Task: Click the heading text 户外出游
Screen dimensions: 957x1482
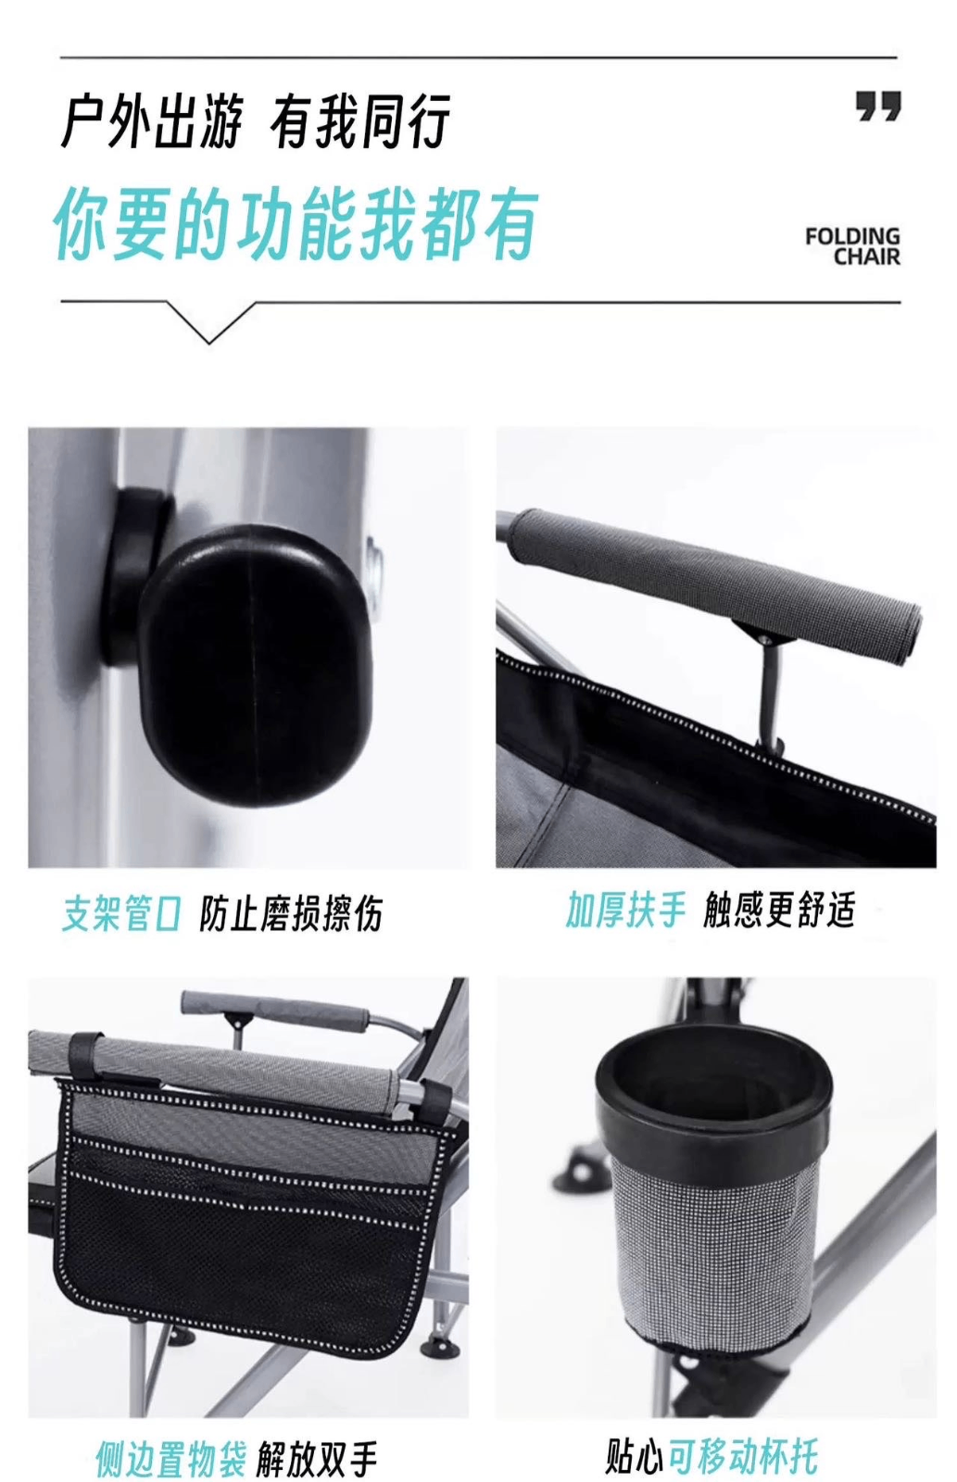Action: pyautogui.click(x=152, y=121)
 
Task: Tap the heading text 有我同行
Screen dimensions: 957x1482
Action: pyautogui.click(x=360, y=121)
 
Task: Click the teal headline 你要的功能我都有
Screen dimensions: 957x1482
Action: pyautogui.click(x=296, y=223)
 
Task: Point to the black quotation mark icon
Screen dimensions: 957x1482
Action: pyautogui.click(x=878, y=106)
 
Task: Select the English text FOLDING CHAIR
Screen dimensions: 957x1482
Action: pyautogui.click(x=853, y=246)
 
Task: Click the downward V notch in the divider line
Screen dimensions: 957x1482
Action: pyautogui.click(x=209, y=322)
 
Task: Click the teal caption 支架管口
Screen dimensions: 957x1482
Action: pyautogui.click(x=120, y=913)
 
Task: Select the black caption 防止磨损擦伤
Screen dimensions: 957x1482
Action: pyautogui.click(x=291, y=913)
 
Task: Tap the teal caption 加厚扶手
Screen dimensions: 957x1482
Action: pyautogui.click(x=625, y=910)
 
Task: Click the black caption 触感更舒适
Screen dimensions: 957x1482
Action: pyautogui.click(x=780, y=910)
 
